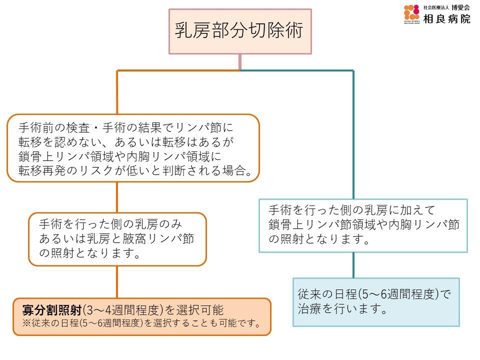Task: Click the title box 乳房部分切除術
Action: [x=240, y=31]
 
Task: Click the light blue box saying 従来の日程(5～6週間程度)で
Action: [x=376, y=301]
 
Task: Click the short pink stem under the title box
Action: [x=240, y=62]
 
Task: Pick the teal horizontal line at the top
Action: [x=297, y=70]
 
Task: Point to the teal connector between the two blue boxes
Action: [x=353, y=265]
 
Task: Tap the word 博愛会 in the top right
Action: [x=460, y=7]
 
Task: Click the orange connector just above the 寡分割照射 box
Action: [x=117, y=282]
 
